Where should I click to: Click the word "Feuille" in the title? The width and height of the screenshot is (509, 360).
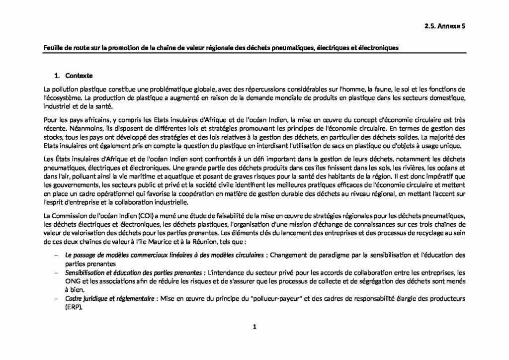click(x=53, y=48)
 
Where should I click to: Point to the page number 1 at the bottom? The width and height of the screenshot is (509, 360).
click(x=254, y=327)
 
